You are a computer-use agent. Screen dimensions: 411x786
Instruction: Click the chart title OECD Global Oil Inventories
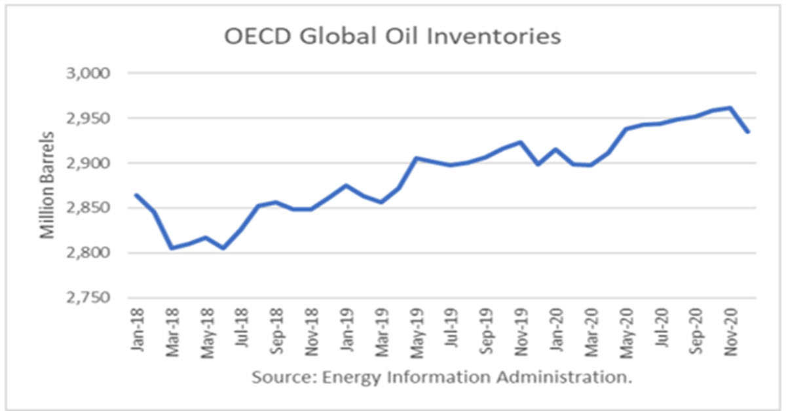392,37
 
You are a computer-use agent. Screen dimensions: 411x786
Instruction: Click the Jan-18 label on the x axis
137,331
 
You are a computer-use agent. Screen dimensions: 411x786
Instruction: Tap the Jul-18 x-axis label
241,331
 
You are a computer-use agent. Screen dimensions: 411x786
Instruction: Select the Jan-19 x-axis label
346,331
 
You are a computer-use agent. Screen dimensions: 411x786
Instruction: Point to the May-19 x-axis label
415,331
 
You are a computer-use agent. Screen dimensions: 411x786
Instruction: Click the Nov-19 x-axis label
521,331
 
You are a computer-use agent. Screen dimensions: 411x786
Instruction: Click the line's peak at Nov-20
730,108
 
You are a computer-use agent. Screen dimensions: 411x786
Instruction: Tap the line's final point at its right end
748,132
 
